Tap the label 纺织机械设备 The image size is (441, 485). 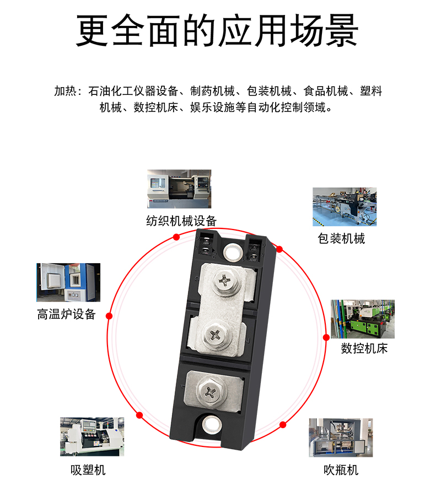(x=181, y=221)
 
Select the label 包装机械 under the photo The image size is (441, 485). (x=341, y=238)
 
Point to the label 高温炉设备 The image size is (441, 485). (x=66, y=315)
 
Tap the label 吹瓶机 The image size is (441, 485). (x=341, y=470)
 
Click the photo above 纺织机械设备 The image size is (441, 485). (x=179, y=189)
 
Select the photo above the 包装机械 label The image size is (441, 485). (x=345, y=207)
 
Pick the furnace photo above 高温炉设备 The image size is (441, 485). (x=68, y=283)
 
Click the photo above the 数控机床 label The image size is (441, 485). (x=363, y=319)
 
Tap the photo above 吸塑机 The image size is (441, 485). (x=92, y=436)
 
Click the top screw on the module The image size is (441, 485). (x=226, y=281)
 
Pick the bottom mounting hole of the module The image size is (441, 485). (x=211, y=424)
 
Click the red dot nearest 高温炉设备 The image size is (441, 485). (x=109, y=316)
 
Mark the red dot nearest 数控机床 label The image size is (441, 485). (x=326, y=337)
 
